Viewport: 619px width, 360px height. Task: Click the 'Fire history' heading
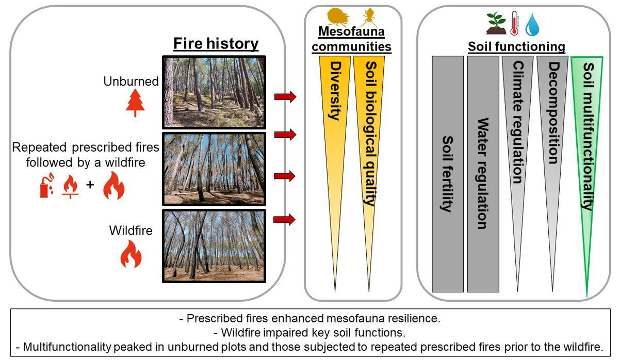[216, 44]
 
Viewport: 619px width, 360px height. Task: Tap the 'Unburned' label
[131, 81]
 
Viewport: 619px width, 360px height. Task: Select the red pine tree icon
[136, 103]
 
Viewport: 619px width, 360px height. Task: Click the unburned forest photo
[214, 92]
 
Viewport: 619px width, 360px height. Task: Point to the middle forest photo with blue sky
[214, 169]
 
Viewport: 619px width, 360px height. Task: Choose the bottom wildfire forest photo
[214, 246]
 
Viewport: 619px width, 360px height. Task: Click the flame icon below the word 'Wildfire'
[131, 255]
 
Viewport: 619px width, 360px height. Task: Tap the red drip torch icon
[46, 187]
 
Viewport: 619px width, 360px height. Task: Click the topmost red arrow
[285, 96]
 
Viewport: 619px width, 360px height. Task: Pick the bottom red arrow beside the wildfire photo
[285, 220]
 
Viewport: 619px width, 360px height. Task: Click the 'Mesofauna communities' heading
[354, 39]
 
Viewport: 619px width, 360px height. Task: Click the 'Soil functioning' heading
[516, 47]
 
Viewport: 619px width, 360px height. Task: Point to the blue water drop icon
[532, 24]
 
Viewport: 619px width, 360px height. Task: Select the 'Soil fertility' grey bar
[447, 174]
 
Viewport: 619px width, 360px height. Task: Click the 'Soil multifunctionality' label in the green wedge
[587, 137]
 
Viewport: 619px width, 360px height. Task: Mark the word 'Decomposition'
[552, 113]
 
